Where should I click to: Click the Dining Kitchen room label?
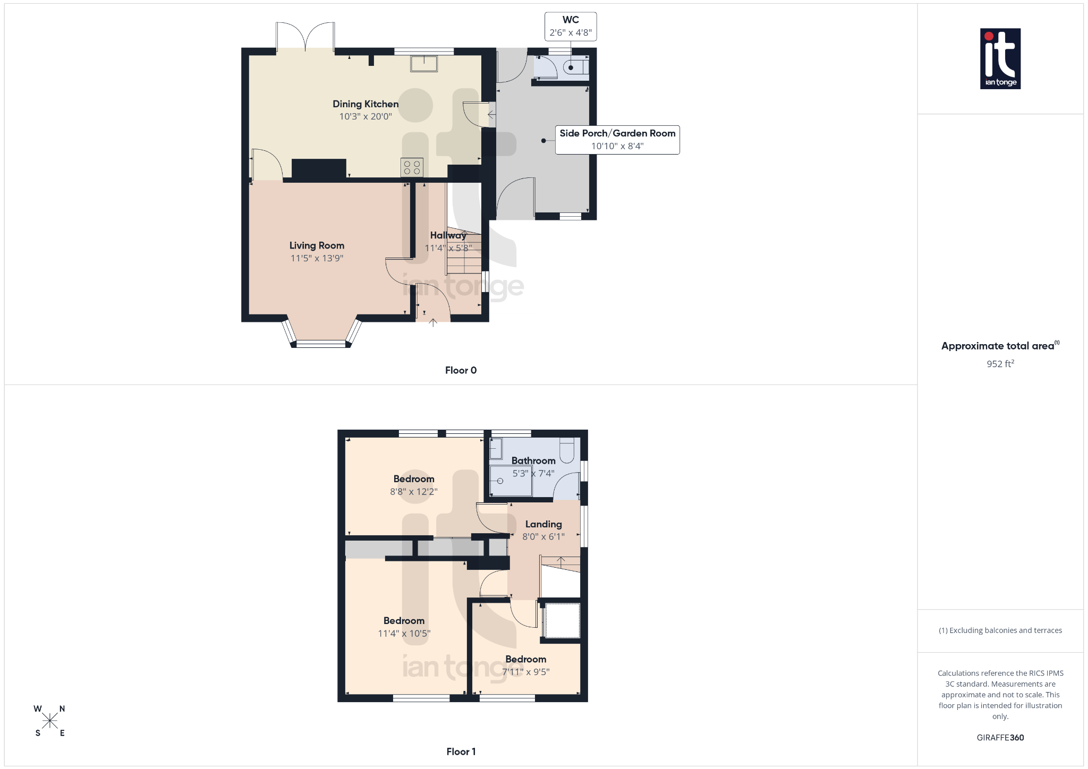click(x=365, y=104)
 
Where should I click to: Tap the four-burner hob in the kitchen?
click(x=412, y=167)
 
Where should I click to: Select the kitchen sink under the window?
click(x=424, y=64)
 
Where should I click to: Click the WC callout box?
click(x=571, y=27)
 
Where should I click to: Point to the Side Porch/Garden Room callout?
click(x=617, y=140)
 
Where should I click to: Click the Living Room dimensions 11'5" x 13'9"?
click(x=317, y=259)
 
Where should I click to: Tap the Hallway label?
click(x=448, y=235)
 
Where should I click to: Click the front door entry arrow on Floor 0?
click(x=433, y=322)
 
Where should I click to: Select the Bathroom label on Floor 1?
click(x=533, y=460)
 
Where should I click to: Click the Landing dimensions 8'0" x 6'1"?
click(x=543, y=537)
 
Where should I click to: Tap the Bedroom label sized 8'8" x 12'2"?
click(x=414, y=479)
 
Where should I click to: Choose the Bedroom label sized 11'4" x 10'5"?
click(x=404, y=621)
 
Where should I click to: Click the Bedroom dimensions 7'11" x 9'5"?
click(x=526, y=672)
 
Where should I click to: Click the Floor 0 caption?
click(x=461, y=371)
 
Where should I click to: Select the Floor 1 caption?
click(x=461, y=751)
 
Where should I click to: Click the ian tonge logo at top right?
click(x=1000, y=58)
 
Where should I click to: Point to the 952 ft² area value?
click(x=1000, y=364)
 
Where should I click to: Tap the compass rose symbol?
click(x=50, y=721)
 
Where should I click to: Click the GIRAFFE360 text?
click(x=1000, y=738)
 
